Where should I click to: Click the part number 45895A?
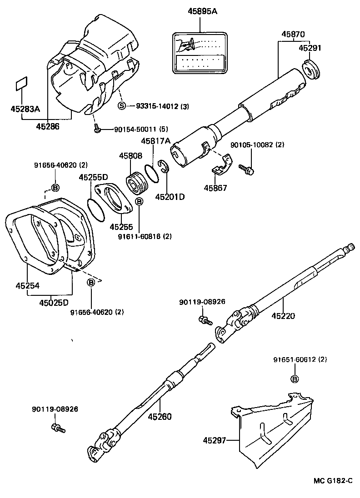202,12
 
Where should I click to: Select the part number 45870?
293,34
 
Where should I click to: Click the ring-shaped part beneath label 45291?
311,69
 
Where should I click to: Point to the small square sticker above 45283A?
21,85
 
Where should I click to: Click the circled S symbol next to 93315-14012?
121,106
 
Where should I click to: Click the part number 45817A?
155,141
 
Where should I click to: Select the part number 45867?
216,188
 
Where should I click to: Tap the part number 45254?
27,286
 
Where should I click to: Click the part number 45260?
159,416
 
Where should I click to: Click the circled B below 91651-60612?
294,379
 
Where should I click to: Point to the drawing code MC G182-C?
333,481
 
